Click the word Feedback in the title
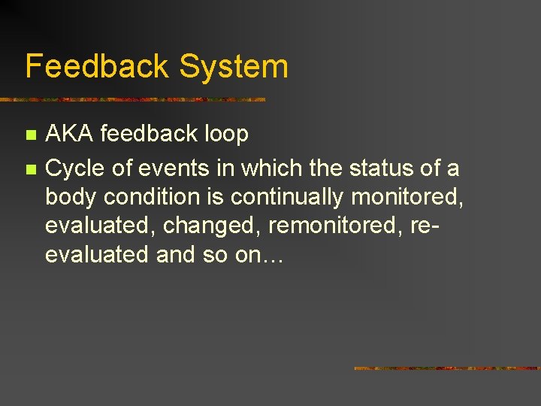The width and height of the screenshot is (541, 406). click(97, 66)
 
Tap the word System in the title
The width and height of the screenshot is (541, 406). click(234, 66)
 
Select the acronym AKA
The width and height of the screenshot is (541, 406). click(70, 135)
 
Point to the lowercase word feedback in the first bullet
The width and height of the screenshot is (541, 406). click(147, 135)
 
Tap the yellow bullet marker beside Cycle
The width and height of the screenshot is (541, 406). click(30, 170)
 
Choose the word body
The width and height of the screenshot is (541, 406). click(71, 197)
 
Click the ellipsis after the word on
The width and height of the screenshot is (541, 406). click(270, 256)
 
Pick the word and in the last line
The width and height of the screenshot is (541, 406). click(174, 255)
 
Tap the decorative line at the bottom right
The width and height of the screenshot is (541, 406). click(446, 368)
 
